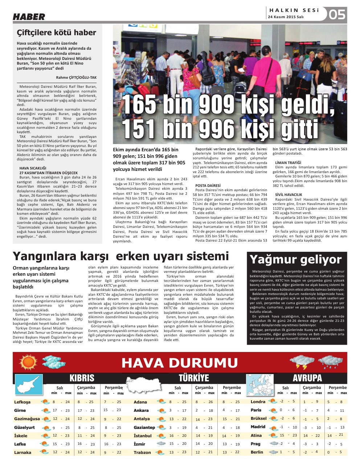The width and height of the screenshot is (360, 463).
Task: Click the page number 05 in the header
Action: click(x=337, y=15)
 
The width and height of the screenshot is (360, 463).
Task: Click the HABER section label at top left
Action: click(x=29, y=17)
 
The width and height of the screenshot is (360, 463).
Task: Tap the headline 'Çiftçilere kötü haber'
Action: click(x=57, y=33)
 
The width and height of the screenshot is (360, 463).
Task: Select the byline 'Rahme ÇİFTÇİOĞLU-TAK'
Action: click(x=76, y=77)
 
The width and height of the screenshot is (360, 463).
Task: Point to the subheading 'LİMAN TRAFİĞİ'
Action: click(x=288, y=163)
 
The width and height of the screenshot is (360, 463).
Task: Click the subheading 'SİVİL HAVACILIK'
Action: click(x=289, y=195)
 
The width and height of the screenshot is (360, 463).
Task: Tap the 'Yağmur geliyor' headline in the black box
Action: click(x=295, y=259)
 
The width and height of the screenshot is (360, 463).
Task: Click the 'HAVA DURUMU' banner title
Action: click(x=180, y=362)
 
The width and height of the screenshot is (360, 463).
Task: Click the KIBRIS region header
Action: click(x=82, y=378)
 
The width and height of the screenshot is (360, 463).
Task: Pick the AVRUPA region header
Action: click(x=307, y=378)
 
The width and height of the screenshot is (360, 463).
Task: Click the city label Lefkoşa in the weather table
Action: click(x=22, y=402)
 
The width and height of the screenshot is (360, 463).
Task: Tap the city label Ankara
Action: click(x=141, y=410)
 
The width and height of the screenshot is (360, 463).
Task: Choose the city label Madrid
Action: click(x=258, y=427)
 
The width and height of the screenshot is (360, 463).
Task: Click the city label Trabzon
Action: click(x=142, y=452)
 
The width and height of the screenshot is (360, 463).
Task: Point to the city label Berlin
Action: click(x=257, y=452)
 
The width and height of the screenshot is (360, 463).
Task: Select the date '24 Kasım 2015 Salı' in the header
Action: click(x=286, y=17)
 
